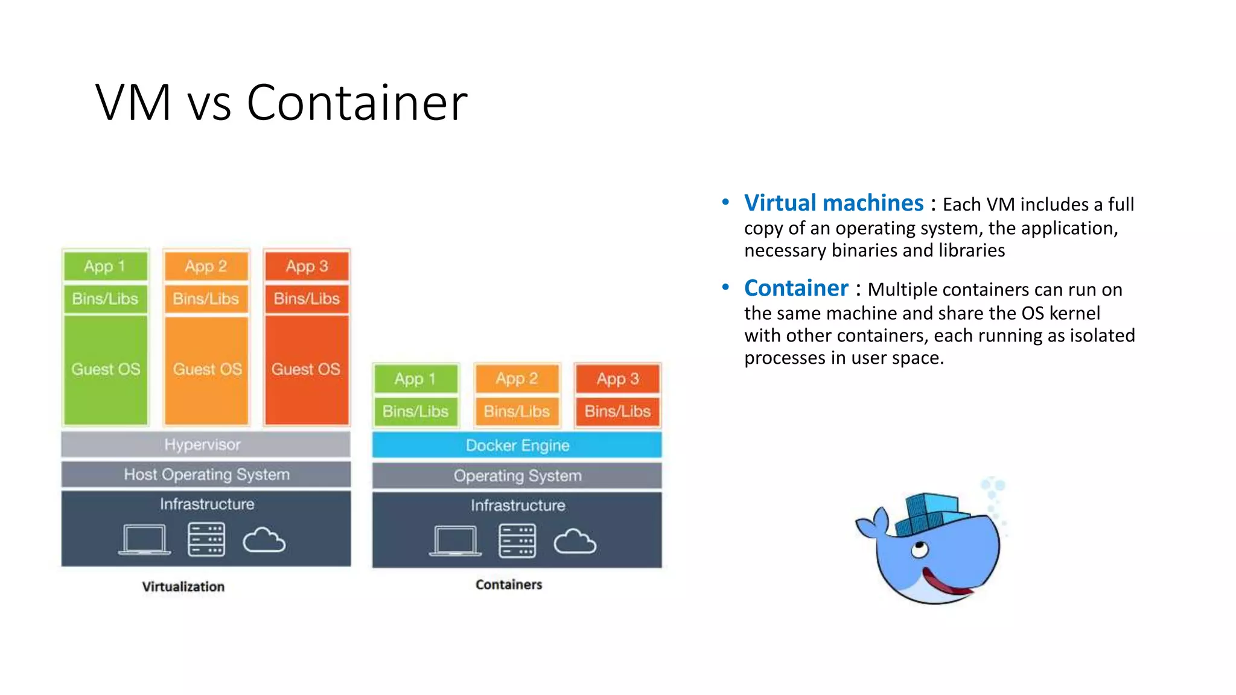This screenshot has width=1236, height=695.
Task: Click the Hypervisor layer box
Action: (x=205, y=445)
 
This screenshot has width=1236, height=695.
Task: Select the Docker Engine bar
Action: (x=517, y=445)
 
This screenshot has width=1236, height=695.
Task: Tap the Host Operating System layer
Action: (x=206, y=474)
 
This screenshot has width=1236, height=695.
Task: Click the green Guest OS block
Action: (x=106, y=369)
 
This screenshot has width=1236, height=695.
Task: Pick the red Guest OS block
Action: (x=307, y=369)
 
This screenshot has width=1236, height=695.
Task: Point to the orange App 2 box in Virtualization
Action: (x=206, y=266)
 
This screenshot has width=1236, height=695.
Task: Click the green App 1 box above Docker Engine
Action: (x=415, y=379)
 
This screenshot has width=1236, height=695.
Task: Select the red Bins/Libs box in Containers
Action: (x=617, y=411)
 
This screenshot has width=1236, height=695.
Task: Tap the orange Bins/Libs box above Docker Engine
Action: (x=517, y=411)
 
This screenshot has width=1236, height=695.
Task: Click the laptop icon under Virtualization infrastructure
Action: (x=144, y=539)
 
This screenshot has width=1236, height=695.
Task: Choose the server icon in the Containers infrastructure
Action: (x=517, y=541)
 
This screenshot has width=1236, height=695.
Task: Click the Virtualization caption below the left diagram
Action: (x=183, y=586)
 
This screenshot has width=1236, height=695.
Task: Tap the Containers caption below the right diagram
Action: (x=509, y=585)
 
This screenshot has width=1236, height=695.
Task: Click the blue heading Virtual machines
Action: (x=833, y=203)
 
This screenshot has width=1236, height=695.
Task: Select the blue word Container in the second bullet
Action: (x=796, y=288)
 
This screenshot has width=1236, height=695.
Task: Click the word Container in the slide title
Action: (x=357, y=103)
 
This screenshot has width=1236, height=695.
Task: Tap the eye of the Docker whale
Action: (x=919, y=550)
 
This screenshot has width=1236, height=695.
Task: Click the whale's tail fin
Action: (x=871, y=524)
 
